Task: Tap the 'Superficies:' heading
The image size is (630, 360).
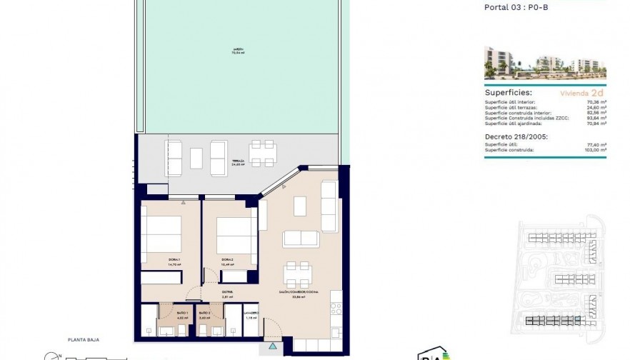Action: tap(508, 94)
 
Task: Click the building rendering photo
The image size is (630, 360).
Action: tap(545, 64)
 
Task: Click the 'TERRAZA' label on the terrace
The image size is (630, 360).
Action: tap(239, 161)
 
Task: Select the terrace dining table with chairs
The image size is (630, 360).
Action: tap(264, 153)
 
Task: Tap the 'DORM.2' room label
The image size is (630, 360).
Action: tap(227, 259)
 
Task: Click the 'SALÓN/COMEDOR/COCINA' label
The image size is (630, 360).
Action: tap(299, 293)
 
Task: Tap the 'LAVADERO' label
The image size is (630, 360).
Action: tap(250, 313)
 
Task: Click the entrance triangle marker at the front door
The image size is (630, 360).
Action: tap(273, 346)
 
